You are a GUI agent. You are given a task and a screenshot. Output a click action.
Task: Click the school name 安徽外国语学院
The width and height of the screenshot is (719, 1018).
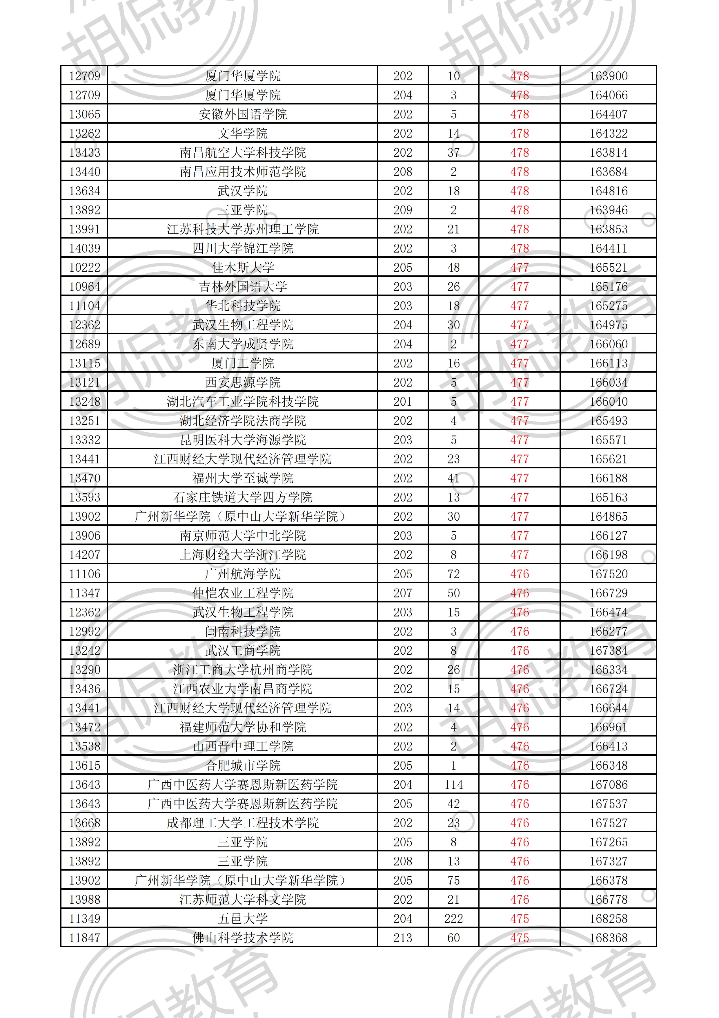[x=242, y=114]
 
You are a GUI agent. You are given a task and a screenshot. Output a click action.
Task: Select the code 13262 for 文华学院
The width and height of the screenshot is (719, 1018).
[x=85, y=133]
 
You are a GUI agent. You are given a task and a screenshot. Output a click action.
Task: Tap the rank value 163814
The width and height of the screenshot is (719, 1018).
[x=608, y=153]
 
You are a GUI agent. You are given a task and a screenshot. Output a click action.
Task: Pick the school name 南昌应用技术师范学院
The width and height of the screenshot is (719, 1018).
[x=242, y=172]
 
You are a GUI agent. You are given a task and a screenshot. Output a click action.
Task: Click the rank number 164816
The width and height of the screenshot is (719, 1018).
[x=608, y=191]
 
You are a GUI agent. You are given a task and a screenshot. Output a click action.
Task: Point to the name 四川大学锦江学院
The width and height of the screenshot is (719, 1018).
[x=242, y=248]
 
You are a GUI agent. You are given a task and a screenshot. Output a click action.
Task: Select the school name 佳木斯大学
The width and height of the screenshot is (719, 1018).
[x=242, y=267]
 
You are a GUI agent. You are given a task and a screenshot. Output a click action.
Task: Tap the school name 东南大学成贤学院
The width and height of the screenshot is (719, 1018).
[x=242, y=344]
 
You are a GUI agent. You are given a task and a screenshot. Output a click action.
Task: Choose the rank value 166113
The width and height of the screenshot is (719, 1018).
[x=608, y=363]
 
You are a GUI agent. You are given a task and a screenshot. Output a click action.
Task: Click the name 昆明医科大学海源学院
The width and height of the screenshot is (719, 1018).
[x=242, y=440]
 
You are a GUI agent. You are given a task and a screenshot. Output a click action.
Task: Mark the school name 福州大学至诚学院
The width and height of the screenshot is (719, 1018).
[x=242, y=478]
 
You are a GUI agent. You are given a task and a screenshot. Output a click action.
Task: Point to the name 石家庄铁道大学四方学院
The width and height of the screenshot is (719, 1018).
[x=242, y=497]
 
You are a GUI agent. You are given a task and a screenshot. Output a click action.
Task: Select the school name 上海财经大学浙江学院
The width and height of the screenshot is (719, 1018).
[x=242, y=555]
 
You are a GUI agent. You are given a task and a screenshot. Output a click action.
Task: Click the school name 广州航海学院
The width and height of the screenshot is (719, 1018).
[x=242, y=574]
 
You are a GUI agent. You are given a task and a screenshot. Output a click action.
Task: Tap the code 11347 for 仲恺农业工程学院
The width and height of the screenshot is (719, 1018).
[x=85, y=593]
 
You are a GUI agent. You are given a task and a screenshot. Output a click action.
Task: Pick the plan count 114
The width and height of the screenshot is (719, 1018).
[x=453, y=784]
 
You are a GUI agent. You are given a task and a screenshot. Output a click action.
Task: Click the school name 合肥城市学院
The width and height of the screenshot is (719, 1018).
[x=242, y=765]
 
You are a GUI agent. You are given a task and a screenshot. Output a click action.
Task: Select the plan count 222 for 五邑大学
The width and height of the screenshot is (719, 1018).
[x=453, y=918]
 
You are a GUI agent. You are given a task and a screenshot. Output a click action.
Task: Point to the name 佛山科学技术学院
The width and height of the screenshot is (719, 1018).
[x=242, y=938]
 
